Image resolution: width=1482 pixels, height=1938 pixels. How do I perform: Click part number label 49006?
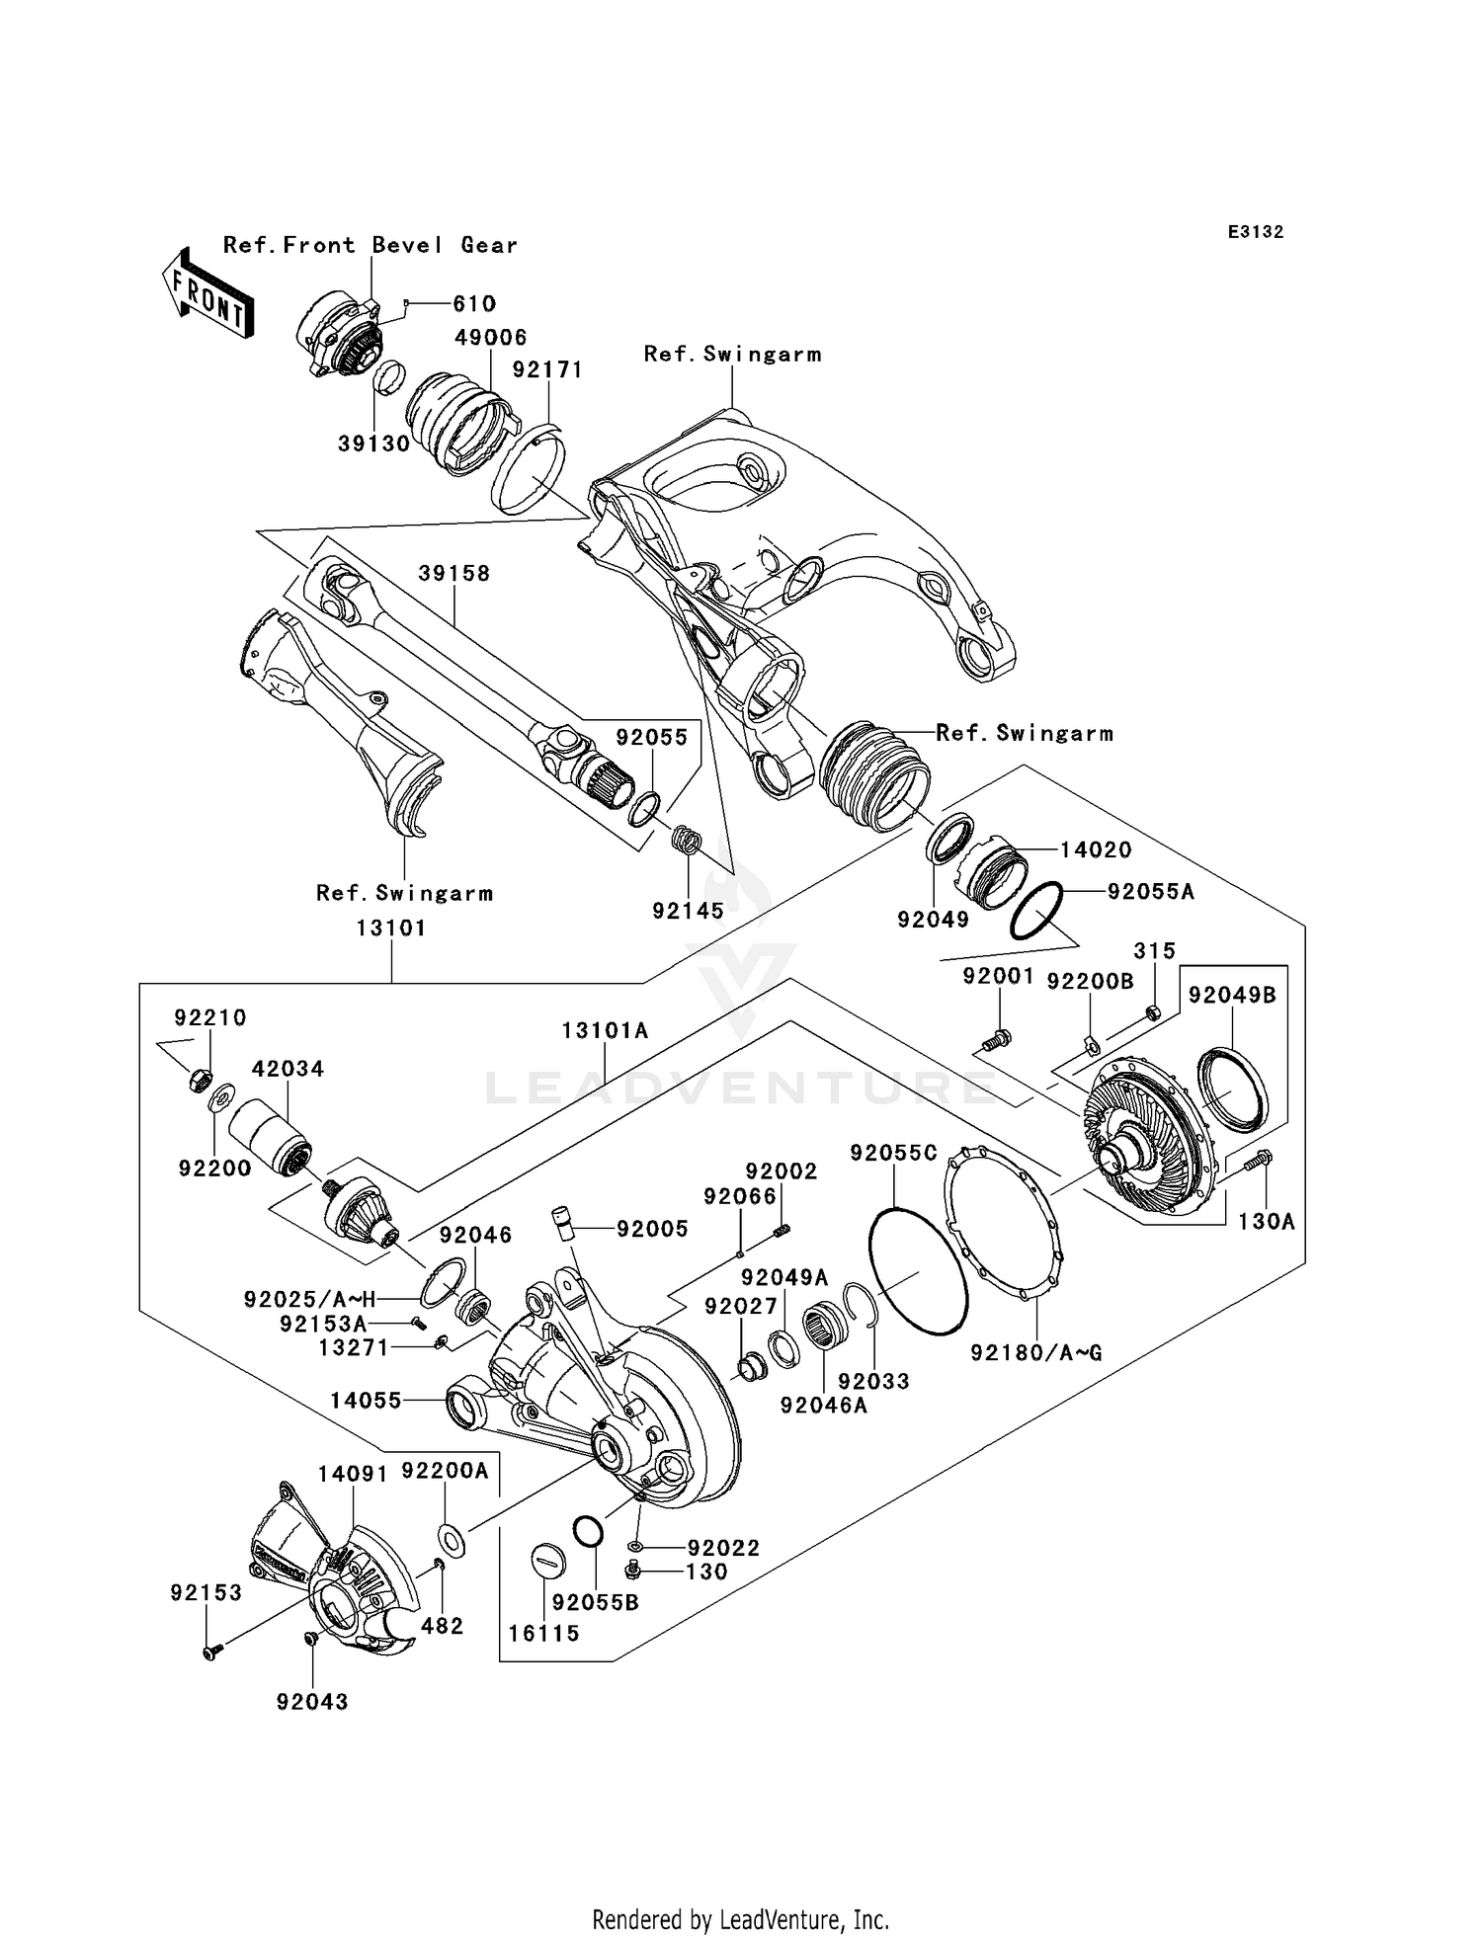point(490,338)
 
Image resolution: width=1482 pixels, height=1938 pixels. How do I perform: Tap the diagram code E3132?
point(1255,232)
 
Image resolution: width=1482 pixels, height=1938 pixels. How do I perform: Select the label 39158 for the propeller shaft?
point(453,574)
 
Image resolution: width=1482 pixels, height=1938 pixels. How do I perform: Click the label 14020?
point(1096,849)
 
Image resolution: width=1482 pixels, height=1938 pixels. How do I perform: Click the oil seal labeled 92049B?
point(1231,1090)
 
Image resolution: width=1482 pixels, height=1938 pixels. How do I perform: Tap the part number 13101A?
point(605,1031)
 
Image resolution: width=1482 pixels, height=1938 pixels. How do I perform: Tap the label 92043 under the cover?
point(312,1701)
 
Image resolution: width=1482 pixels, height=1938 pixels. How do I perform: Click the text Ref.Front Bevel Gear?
point(370,245)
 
